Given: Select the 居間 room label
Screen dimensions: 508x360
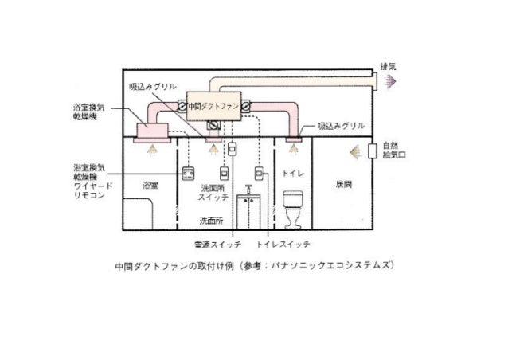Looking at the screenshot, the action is click(x=342, y=183).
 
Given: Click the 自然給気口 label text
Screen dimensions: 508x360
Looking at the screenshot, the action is click(x=391, y=150).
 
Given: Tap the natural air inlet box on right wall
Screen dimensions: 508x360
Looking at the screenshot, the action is click(x=372, y=151).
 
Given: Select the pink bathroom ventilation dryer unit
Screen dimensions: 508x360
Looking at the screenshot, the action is click(x=150, y=131).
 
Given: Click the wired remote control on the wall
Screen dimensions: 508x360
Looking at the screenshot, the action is click(x=189, y=174).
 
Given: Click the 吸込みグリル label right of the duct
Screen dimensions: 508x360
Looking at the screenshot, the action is click(x=342, y=126).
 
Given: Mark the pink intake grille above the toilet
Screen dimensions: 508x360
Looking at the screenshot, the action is click(x=292, y=139).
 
